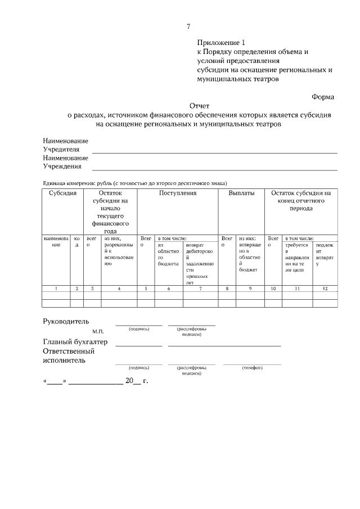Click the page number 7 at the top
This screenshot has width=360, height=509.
tap(188, 26)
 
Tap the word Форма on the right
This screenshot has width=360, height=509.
tap(323, 97)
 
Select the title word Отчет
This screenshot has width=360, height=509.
tap(199, 105)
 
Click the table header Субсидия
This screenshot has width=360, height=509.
tap(62, 193)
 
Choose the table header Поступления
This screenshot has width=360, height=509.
tap(178, 193)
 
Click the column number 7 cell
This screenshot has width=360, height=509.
tap(200, 288)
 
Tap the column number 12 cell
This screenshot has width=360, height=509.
tap(325, 288)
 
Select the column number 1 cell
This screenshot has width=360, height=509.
tap(56, 288)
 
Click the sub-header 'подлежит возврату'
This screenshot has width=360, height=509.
tap(325, 254)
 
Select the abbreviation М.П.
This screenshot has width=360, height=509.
tap(98, 331)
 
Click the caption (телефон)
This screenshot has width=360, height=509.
tap(252, 367)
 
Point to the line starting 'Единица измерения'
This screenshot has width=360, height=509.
tap(135, 183)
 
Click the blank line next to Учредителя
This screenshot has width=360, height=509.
tap(214, 152)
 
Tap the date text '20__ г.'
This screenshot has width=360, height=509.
tap(136, 381)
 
